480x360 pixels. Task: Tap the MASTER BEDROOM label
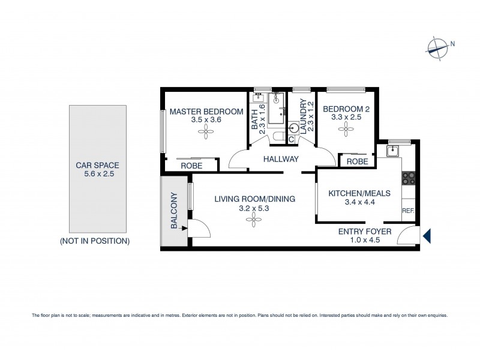206,112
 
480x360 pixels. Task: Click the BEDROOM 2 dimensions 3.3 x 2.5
343,118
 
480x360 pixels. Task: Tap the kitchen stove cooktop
409,178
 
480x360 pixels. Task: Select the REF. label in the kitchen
409,211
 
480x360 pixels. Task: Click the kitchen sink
394,151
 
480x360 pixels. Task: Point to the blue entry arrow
427,236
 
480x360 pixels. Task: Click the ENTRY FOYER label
365,231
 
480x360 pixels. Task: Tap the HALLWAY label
281,159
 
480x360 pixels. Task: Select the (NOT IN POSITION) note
95,241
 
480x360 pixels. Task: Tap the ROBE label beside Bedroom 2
357,161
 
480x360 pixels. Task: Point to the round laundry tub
294,128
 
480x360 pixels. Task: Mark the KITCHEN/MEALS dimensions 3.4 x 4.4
359,203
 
